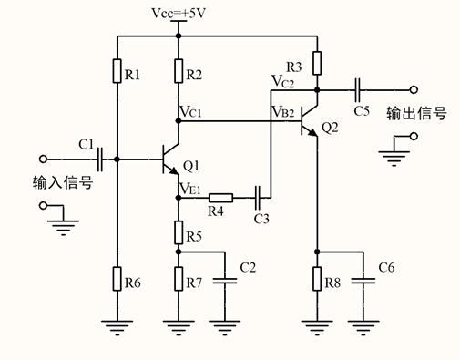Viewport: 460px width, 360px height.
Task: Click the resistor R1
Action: point(118,71)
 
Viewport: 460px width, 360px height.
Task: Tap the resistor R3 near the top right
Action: point(316,63)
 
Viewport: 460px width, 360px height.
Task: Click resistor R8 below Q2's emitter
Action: point(316,277)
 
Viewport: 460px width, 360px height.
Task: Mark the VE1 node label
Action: point(190,189)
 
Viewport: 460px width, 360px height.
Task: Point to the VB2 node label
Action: point(282,112)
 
